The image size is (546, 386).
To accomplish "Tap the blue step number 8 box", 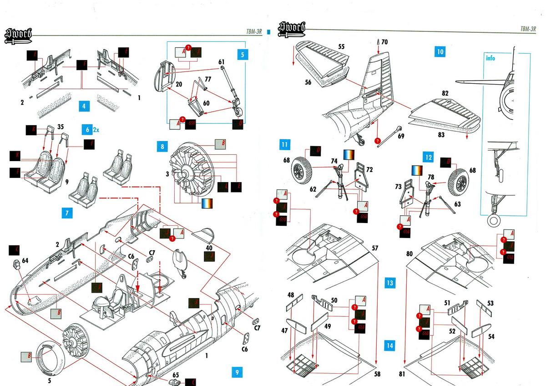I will tap(162, 147).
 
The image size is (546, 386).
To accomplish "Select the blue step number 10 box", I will tap(440, 51).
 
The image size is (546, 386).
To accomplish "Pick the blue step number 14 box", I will tap(389, 345).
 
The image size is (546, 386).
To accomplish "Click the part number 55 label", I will tap(341, 46).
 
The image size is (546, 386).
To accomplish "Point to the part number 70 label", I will tap(384, 42).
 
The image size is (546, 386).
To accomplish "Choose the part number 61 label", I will tap(222, 62).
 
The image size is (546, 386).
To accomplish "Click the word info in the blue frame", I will tap(490, 58).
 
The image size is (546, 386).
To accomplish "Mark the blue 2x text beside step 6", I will tap(96, 129).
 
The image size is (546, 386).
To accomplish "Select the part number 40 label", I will tap(209, 248).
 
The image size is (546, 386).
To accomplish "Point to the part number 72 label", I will tap(369, 170).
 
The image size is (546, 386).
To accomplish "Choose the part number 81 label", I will tap(402, 374).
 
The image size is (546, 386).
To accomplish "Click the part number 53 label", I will tap(490, 304).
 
